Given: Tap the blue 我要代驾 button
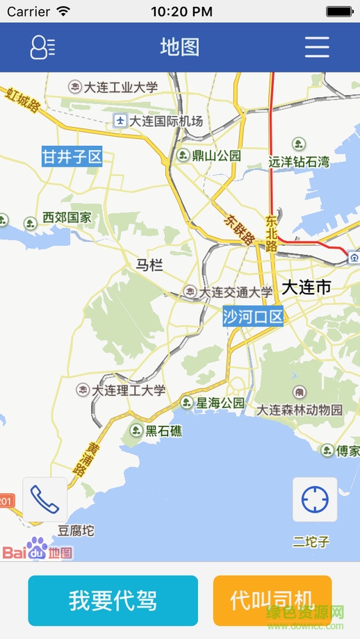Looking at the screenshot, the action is point(113,600).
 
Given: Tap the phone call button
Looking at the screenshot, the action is point(45,499).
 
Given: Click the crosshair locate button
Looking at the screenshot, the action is point(315,499).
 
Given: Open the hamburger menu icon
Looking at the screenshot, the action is point(317,47).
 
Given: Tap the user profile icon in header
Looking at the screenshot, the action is point(42,47).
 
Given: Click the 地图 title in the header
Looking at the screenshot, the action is point(180,47).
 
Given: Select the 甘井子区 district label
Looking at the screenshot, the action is point(72,157).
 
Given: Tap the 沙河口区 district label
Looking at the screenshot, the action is point(253,317).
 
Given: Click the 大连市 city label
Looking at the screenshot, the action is point(306,288).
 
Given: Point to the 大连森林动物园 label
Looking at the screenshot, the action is point(300,410).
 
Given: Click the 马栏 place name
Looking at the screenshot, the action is point(149,265).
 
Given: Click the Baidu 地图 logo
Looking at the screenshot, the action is point(38,552).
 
